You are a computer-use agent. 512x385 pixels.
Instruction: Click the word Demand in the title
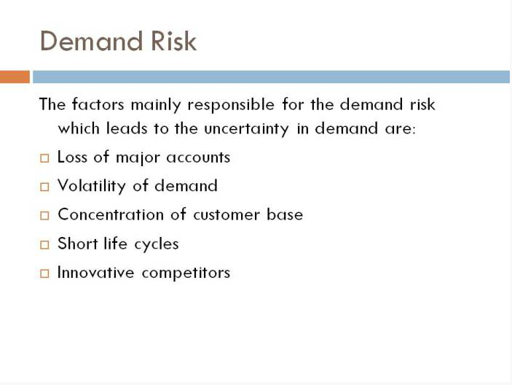coord(91,41)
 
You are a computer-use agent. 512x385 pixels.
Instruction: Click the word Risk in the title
coord(174,41)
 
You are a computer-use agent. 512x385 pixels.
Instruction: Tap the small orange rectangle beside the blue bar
coord(15,77)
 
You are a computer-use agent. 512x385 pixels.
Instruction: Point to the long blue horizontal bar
coord(271,77)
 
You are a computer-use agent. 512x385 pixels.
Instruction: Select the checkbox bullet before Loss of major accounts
coord(44,158)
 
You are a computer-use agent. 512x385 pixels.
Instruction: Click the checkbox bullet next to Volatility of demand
coord(44,187)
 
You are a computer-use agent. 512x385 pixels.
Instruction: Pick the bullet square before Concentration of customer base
coord(44,215)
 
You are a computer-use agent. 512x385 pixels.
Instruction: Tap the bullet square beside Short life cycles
coord(44,244)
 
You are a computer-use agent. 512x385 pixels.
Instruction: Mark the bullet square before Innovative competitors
coord(44,273)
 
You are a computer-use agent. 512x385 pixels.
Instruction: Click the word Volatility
coord(92,186)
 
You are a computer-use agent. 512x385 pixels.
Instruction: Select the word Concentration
coord(111,214)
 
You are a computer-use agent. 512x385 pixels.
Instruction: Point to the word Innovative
coord(95,272)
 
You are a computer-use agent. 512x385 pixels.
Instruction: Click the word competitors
coord(186,273)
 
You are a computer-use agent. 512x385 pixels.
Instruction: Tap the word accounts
coord(198,157)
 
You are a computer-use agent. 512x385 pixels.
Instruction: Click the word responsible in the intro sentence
coord(231,105)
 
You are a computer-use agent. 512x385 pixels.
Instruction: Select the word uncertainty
coord(246,129)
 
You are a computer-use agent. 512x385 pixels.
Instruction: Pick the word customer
coord(227,215)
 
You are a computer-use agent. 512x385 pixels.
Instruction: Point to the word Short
coord(78,244)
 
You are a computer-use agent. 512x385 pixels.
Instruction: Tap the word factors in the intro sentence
coord(98,104)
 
